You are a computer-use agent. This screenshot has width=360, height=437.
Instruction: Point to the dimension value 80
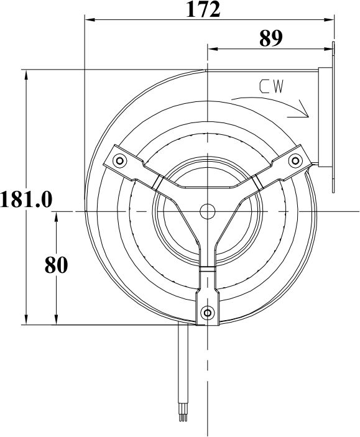point(56,265)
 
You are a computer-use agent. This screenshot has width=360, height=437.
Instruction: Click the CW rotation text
point(272,87)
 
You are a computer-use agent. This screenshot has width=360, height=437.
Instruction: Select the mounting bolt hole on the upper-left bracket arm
point(119,160)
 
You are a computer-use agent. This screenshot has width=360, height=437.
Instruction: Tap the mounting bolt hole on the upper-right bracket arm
point(294,160)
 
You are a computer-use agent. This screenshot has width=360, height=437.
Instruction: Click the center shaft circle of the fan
point(207,211)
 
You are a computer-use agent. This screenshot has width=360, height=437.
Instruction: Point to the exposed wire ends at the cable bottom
point(183,417)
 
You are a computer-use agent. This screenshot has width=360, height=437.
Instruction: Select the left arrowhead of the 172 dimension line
point(88,21)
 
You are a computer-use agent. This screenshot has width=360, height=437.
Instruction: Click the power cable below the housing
point(183,367)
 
